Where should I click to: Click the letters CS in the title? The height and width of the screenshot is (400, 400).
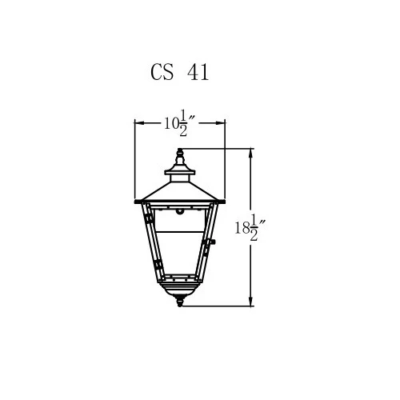pyautogui.click(x=162, y=72)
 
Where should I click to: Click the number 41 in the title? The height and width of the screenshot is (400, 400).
pyautogui.click(x=198, y=72)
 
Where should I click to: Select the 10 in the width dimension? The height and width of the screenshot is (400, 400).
pyautogui.click(x=170, y=123)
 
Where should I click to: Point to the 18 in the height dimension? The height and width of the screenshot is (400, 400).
pyautogui.click(x=242, y=228)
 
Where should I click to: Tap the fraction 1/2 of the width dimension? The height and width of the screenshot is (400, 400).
pyautogui.click(x=183, y=122)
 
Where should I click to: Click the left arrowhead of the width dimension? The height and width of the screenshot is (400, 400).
pyautogui.click(x=139, y=123)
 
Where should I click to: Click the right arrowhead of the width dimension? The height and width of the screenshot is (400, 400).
pyautogui.click(x=221, y=123)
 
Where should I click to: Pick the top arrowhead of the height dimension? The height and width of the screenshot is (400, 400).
pyautogui.click(x=250, y=154)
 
